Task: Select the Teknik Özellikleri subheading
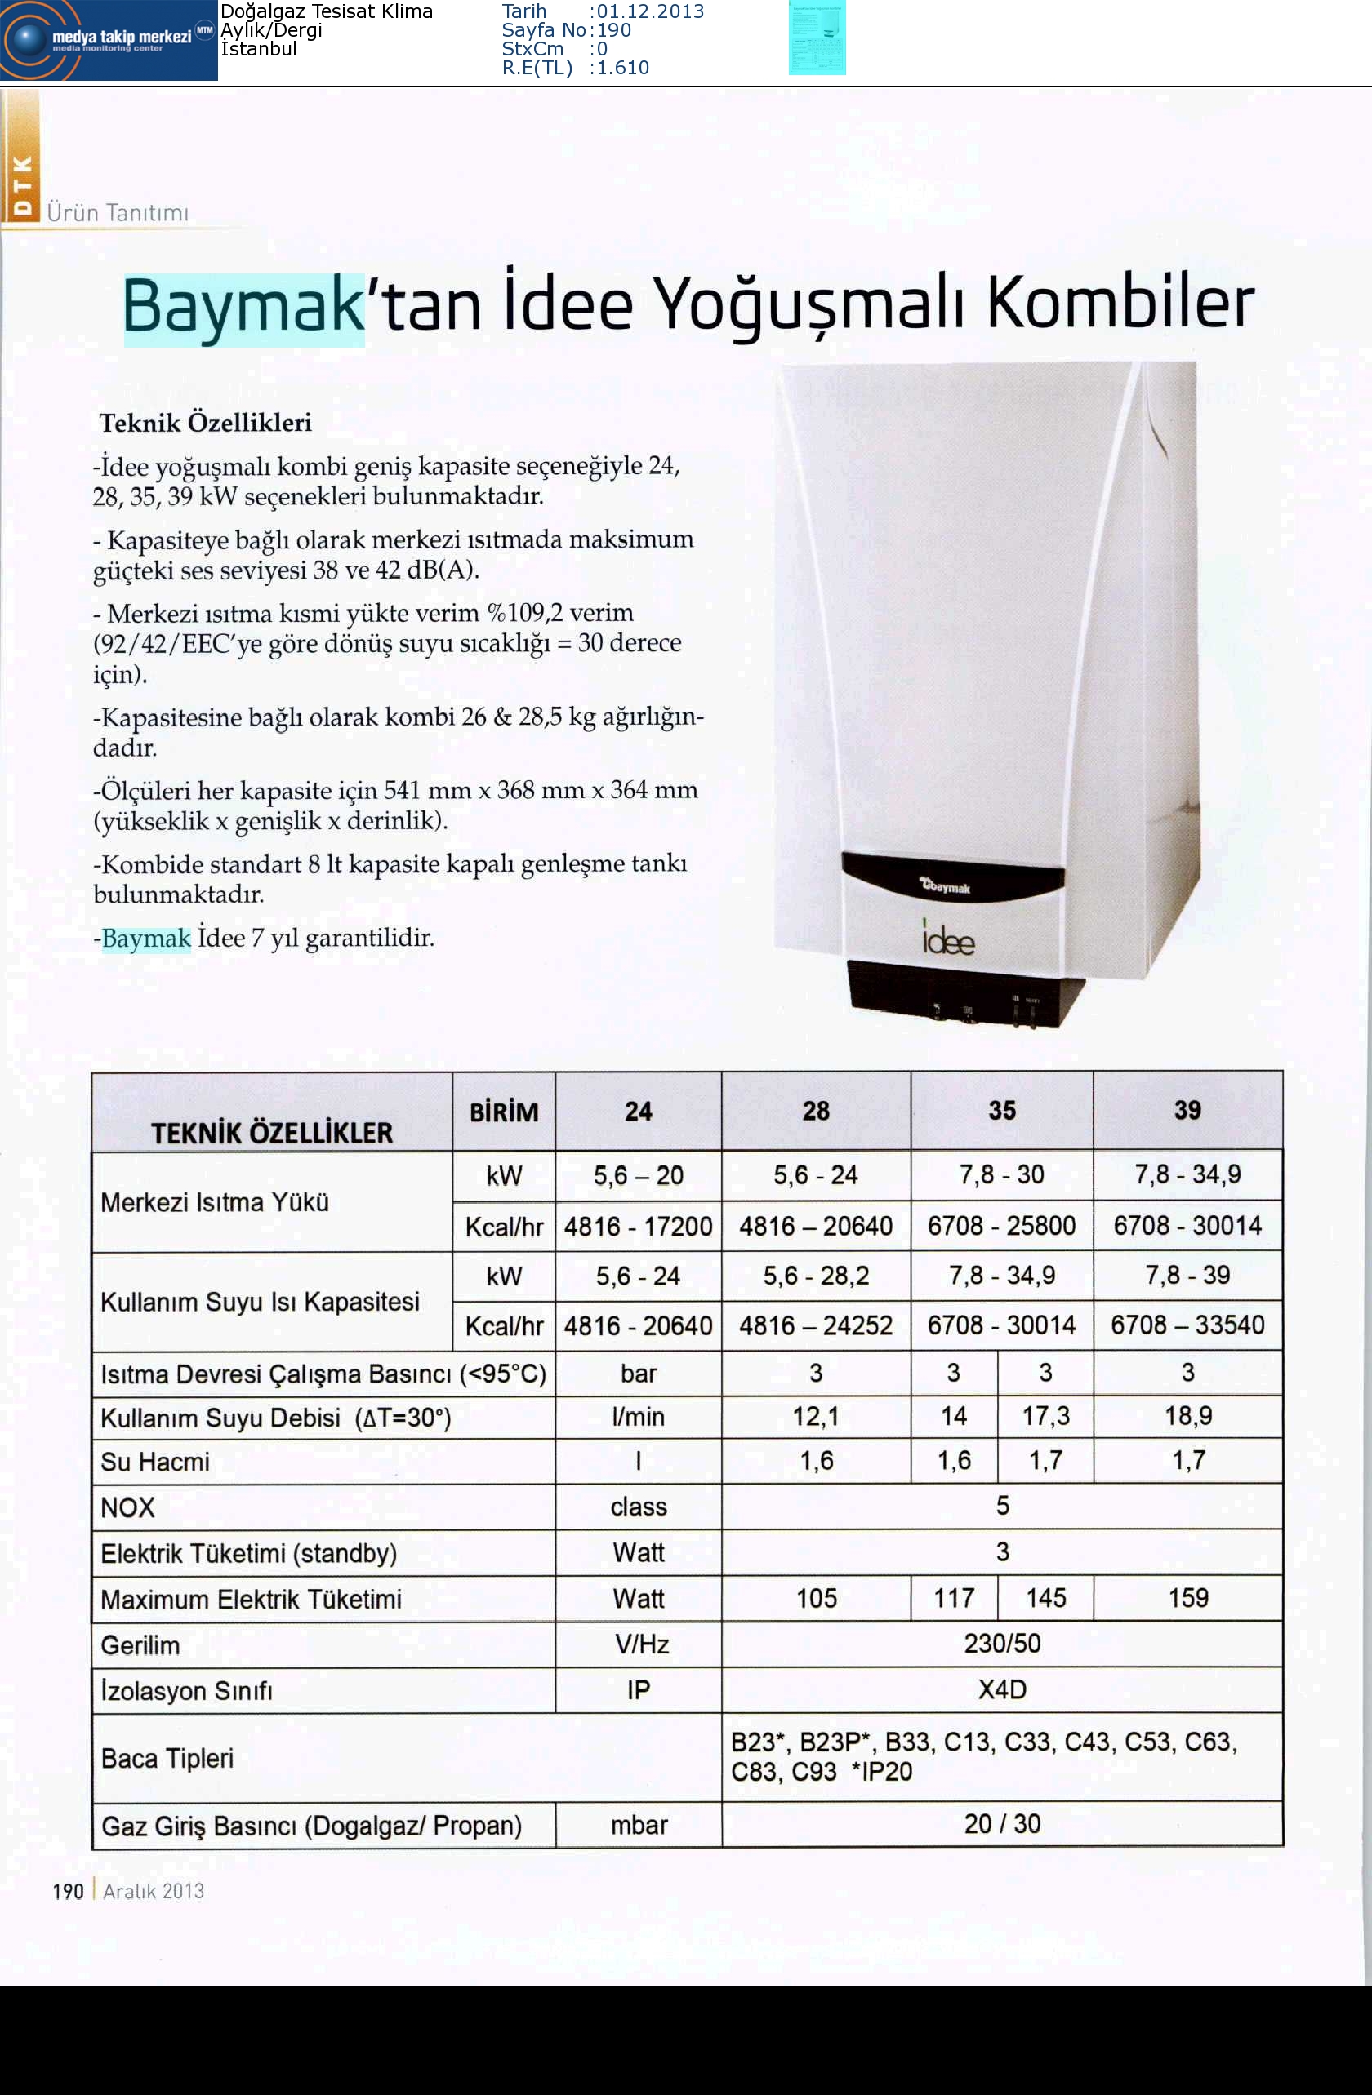click(205, 423)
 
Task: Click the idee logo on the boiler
click(947, 940)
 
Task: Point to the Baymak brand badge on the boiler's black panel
click(946, 886)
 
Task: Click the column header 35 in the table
click(1001, 1110)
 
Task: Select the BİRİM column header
click(504, 1112)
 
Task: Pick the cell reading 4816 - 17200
click(638, 1225)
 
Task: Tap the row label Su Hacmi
click(155, 1463)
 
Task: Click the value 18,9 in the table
click(1187, 1415)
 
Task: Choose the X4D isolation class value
click(1001, 1689)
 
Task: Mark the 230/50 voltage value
click(1001, 1644)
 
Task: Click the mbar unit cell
click(639, 1825)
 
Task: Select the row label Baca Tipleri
click(167, 1758)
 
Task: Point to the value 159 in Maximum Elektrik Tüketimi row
click(1187, 1598)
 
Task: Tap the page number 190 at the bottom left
click(68, 1891)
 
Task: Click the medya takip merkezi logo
click(109, 40)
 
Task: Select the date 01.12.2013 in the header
click(650, 11)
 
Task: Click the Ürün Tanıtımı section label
click(118, 212)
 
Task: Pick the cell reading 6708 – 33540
click(1187, 1325)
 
